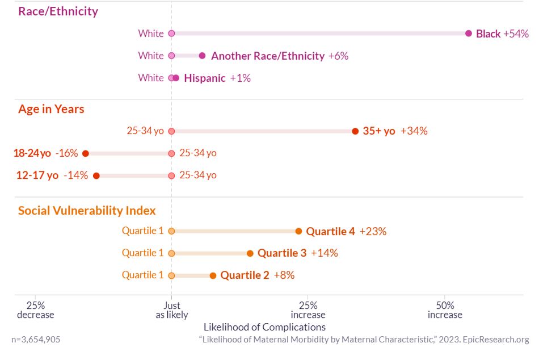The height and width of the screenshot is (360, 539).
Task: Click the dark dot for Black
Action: (x=469, y=34)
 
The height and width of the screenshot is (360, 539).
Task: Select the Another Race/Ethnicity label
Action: (x=268, y=56)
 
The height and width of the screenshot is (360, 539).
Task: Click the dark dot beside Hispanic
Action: (x=176, y=78)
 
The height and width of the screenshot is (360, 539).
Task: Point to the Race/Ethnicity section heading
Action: (x=58, y=11)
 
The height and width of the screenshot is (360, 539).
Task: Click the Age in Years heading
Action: (x=51, y=109)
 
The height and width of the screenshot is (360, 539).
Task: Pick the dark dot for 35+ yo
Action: (x=355, y=131)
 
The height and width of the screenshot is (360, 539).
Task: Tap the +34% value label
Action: (x=414, y=131)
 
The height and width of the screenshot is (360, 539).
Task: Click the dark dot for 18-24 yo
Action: (x=86, y=153)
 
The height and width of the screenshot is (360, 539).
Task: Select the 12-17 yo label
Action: (x=37, y=175)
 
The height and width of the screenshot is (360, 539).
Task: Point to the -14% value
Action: (x=75, y=175)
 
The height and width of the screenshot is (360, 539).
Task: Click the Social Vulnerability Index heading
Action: (x=87, y=211)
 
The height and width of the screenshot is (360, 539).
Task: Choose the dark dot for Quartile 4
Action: (x=299, y=231)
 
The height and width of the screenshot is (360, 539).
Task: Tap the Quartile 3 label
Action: (x=282, y=253)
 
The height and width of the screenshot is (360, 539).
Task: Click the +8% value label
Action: (x=284, y=275)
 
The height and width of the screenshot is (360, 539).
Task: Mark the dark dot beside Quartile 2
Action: (x=213, y=275)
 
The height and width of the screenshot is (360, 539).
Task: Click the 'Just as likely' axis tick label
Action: (x=172, y=310)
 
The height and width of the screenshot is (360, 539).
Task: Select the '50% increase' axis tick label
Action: (x=445, y=310)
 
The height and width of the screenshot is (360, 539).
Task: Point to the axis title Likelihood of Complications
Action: (x=264, y=327)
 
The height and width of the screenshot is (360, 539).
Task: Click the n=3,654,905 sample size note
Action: (x=36, y=340)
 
